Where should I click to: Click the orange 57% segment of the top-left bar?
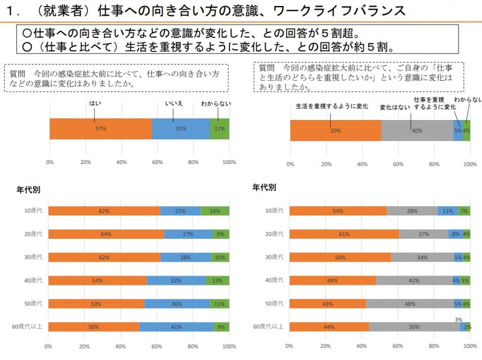101,128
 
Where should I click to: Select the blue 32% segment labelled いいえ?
181,128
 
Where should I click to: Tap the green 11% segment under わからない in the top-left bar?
219,128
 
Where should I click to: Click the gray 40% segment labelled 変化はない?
417,130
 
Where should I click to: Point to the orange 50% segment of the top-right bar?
336,130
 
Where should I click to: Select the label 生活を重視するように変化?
332,106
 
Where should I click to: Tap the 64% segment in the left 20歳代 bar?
106,234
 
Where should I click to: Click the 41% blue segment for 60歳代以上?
177,327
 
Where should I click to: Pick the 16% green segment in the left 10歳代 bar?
215,210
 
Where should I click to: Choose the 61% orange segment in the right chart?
345,234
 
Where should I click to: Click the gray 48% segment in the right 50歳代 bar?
410,304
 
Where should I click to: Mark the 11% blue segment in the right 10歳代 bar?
448,210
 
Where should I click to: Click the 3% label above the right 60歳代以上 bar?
459,320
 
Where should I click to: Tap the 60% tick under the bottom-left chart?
157,347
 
